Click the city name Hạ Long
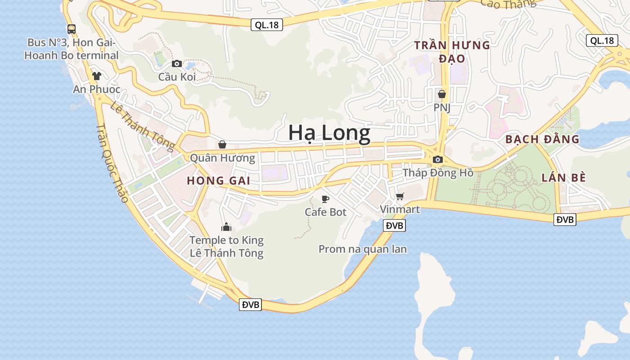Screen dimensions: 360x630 click(329, 133)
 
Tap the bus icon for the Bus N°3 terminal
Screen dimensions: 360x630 click(72, 29)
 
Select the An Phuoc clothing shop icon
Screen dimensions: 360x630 click(96, 76)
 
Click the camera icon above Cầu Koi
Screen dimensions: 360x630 click(177, 63)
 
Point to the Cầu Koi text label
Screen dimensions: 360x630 click(177, 77)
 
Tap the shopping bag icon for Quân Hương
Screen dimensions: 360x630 click(222, 144)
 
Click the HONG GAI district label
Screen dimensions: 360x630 click(218, 181)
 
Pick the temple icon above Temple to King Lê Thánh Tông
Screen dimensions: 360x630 click(226, 227)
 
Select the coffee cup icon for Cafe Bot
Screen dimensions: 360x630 click(325, 199)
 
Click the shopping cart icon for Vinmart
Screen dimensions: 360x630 click(400, 196)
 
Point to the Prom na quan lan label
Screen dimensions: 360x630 click(363, 249)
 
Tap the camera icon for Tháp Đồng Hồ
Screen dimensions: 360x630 click(437, 159)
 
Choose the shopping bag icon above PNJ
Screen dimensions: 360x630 click(442, 94)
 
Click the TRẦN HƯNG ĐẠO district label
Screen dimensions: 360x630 click(452, 52)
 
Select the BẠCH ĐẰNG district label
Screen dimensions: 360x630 click(542, 139)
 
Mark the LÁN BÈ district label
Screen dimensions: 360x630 click(563, 177)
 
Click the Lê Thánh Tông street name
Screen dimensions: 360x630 click(142, 127)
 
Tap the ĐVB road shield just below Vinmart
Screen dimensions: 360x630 click(394, 225)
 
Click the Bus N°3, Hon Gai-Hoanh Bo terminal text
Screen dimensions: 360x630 click(71, 49)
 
